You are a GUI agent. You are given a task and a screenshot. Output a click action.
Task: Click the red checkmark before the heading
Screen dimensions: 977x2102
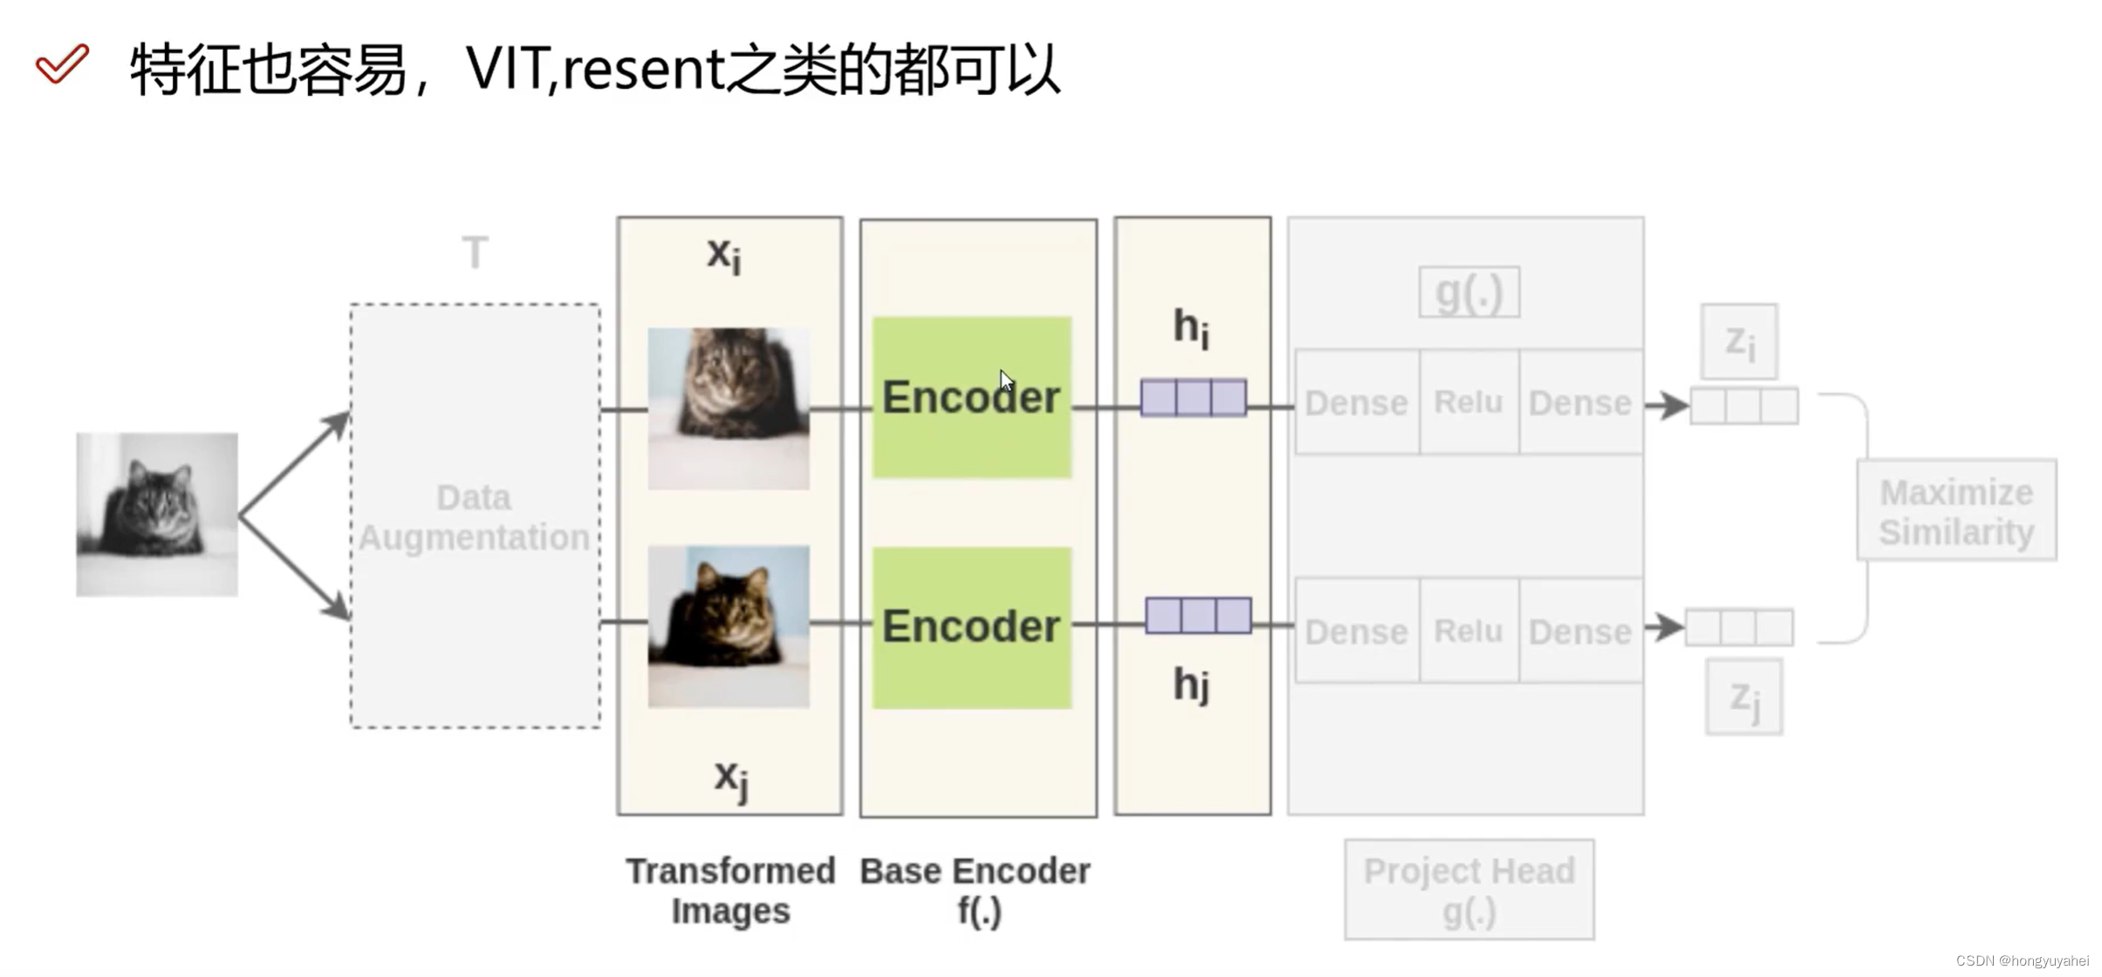coord(62,64)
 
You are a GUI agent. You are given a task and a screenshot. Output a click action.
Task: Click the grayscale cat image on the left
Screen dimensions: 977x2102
coord(157,514)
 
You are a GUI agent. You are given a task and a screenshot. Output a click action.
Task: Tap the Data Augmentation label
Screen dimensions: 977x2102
coord(474,517)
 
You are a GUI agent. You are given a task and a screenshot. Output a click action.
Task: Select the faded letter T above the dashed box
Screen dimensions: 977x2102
coord(475,254)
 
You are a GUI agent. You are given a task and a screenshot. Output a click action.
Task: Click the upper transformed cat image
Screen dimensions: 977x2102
coord(729,408)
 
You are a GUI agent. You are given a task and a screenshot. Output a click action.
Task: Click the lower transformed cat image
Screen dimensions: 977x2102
coord(729,626)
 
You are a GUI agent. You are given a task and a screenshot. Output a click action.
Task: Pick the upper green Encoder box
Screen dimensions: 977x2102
coord(971,398)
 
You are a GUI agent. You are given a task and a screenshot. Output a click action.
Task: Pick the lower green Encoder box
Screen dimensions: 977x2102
coord(971,627)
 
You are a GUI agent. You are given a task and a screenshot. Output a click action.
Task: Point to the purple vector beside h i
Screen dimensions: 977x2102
coord(1193,398)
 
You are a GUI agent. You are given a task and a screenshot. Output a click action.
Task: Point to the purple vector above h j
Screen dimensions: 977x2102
coord(1198,616)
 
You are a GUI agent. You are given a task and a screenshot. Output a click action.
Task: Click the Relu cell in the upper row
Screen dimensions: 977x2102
coord(1469,402)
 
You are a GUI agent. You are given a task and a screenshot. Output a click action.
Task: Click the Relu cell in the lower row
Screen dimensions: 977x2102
coord(1469,631)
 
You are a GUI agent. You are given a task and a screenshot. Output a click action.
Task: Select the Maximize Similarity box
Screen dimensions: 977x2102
coord(1956,510)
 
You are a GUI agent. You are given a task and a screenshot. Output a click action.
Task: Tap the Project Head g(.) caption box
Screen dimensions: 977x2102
coord(1469,890)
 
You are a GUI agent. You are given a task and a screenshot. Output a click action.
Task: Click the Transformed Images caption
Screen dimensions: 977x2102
coord(731,890)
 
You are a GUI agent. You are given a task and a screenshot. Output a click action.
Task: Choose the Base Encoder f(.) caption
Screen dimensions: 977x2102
coord(976,890)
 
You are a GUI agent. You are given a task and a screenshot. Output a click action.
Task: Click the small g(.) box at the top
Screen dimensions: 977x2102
coord(1469,292)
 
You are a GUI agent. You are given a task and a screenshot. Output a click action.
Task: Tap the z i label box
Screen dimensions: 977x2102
coord(1739,341)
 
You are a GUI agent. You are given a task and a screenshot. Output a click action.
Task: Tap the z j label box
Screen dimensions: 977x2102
coord(1744,697)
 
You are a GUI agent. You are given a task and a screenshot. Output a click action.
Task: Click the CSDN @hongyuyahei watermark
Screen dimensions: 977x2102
coord(2023,960)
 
